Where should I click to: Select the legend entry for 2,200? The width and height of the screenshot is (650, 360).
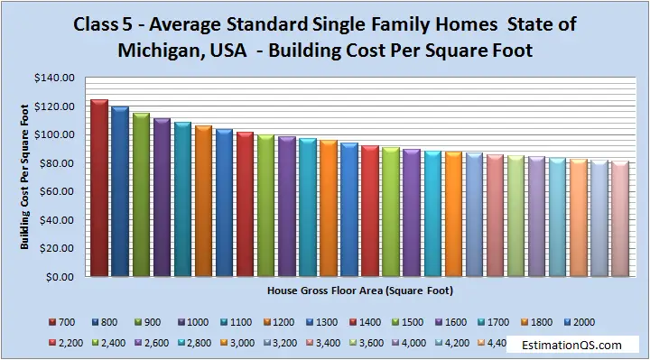[x=68, y=343]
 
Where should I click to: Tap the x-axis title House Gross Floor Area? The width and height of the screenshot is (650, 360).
[x=359, y=291]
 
